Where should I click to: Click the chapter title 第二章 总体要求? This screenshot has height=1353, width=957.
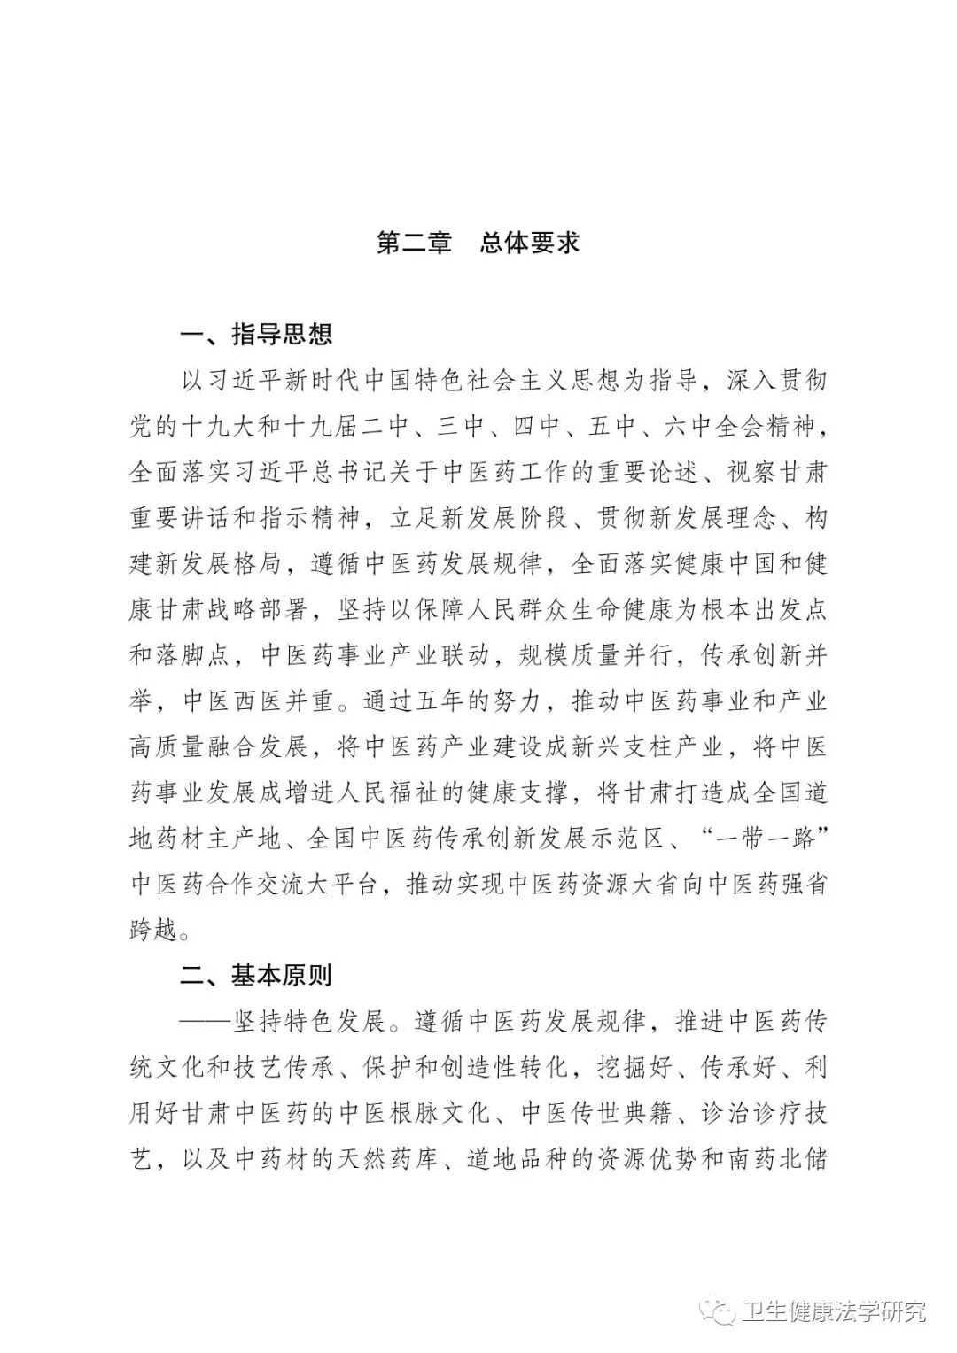pos(478,244)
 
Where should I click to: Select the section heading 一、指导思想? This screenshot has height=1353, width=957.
pos(256,335)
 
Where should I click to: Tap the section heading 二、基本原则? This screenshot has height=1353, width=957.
pos(256,975)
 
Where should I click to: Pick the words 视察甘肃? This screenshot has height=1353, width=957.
pos(777,472)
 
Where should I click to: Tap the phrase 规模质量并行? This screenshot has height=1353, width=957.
pos(594,656)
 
